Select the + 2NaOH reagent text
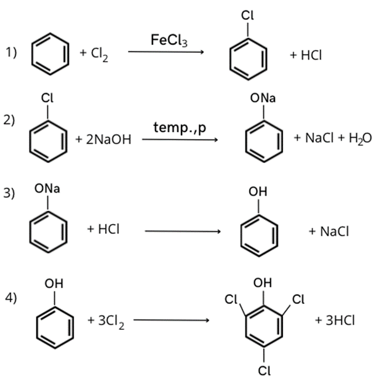pyautogui.click(x=103, y=140)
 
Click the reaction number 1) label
pyautogui.click(x=11, y=53)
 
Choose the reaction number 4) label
pyautogui.click(x=11, y=298)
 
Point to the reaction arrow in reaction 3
pyautogui.click(x=182, y=231)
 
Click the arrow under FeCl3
pyautogui.click(x=165, y=52)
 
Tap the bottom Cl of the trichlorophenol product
pyautogui.click(x=264, y=370)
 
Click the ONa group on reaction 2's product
pyautogui.click(x=263, y=98)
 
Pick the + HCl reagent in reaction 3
pyautogui.click(x=103, y=229)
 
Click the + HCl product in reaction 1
pyautogui.click(x=306, y=55)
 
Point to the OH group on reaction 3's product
pyautogui.click(x=258, y=192)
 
